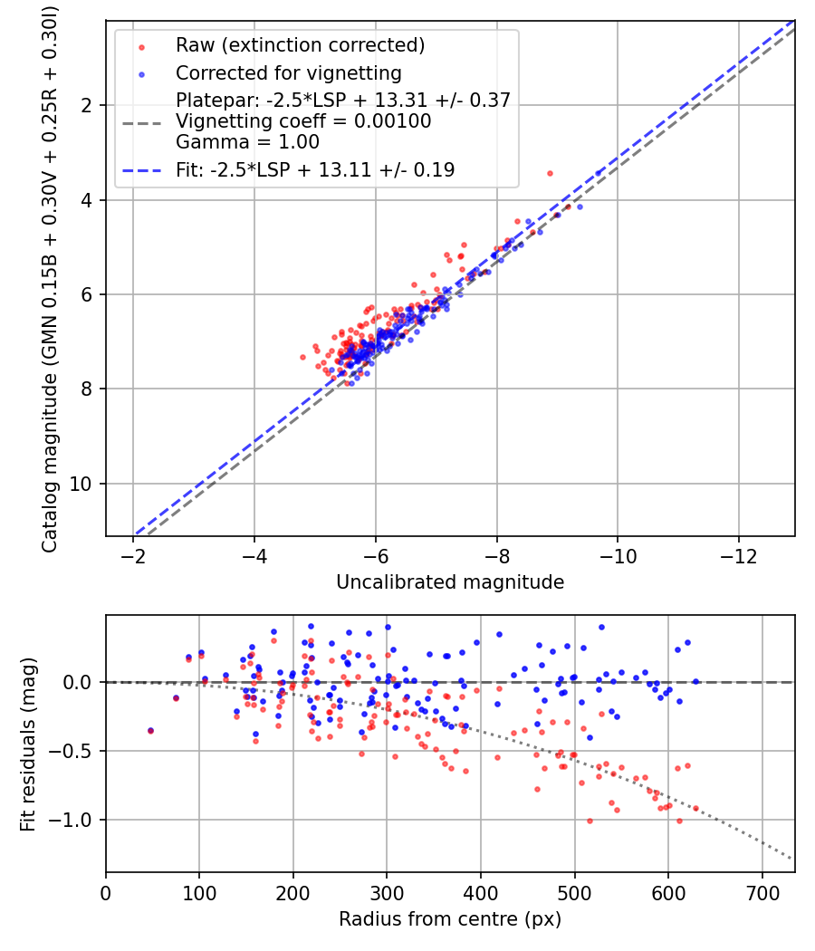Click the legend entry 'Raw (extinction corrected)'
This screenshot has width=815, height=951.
pyautogui.click(x=300, y=45)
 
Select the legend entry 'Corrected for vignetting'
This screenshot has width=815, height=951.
pyautogui.click(x=288, y=72)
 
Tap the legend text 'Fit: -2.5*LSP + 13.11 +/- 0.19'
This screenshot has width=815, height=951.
pyautogui.click(x=315, y=169)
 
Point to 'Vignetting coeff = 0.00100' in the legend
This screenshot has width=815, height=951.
pyautogui.click(x=303, y=121)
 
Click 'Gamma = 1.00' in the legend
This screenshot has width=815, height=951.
pyautogui.click(x=247, y=142)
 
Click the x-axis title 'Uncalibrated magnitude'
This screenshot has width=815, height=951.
pyautogui.click(x=450, y=582)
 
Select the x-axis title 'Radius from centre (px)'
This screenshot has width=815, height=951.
pyautogui.click(x=450, y=919)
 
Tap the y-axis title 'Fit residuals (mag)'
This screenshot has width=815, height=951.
pyautogui.click(x=28, y=744)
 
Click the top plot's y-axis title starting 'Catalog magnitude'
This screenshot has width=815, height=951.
pyautogui.click(x=51, y=277)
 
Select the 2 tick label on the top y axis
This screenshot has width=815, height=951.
pyautogui.click(x=87, y=105)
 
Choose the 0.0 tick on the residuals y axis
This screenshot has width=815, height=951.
pyautogui.click(x=80, y=681)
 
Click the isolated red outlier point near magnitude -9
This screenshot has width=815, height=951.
pyautogui.click(x=550, y=173)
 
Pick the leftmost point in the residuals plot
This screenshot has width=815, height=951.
pyautogui.click(x=150, y=730)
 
